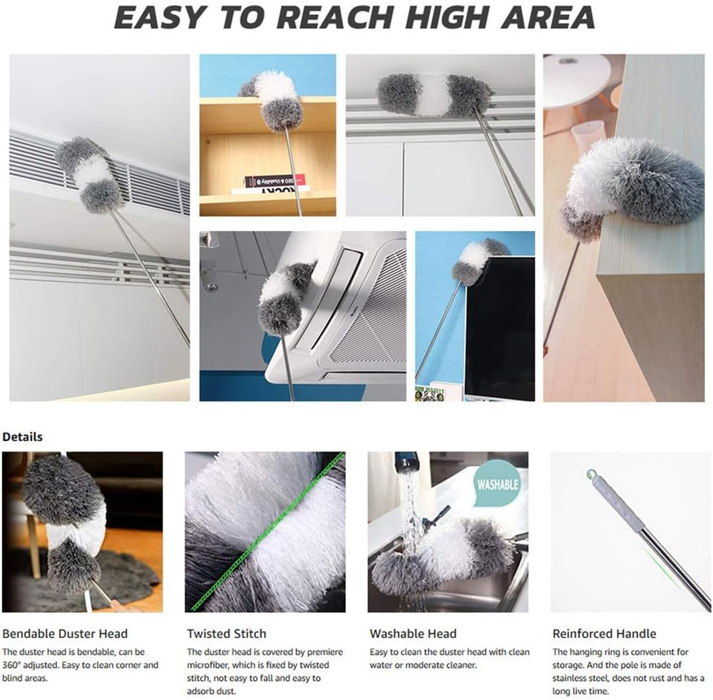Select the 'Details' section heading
[x=22, y=437]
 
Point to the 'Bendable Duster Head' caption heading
[x=65, y=634]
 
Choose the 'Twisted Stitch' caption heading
[x=226, y=634]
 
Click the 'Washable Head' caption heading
[x=413, y=634]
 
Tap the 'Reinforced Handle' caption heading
[x=604, y=634]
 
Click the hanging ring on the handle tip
[x=590, y=473]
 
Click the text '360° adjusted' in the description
[x=31, y=665]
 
